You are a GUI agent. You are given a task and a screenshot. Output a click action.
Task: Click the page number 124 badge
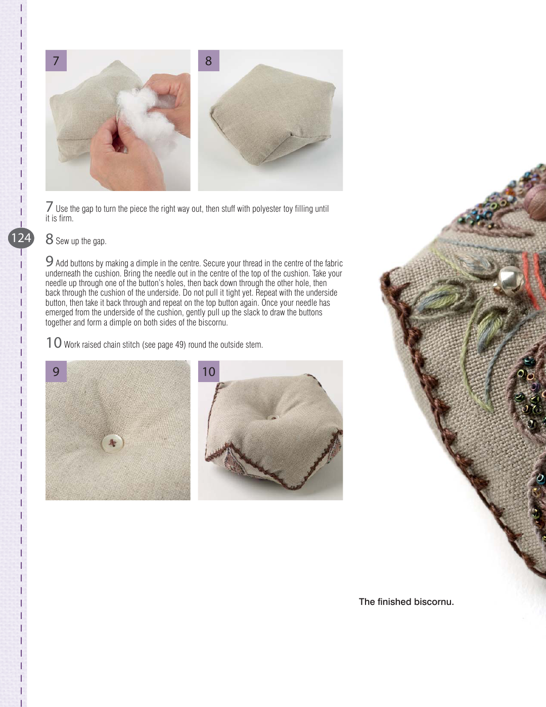tap(21, 238)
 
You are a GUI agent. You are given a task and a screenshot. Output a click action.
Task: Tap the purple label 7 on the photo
tap(56, 61)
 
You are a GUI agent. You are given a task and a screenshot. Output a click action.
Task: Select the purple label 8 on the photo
tap(209, 61)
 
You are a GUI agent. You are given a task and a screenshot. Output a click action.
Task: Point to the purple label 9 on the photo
tap(56, 371)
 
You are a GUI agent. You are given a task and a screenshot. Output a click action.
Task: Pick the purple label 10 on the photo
tap(209, 371)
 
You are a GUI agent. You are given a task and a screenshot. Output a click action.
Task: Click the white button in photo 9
tap(113, 443)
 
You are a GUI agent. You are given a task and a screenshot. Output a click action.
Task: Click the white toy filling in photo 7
tap(147, 114)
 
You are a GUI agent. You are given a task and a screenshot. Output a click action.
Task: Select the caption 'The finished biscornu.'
tap(406, 601)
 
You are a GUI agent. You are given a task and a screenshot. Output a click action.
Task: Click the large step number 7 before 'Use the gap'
tap(50, 207)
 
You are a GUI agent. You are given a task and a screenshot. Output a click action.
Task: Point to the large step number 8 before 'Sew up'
tap(50, 239)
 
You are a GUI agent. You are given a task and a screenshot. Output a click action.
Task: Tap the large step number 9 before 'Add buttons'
tap(50, 261)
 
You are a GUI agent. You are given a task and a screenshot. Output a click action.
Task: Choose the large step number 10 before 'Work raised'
tap(54, 343)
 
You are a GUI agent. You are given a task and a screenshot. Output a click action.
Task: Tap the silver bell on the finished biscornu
tap(510, 278)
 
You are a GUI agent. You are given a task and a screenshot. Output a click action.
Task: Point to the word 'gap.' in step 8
tap(100, 241)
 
